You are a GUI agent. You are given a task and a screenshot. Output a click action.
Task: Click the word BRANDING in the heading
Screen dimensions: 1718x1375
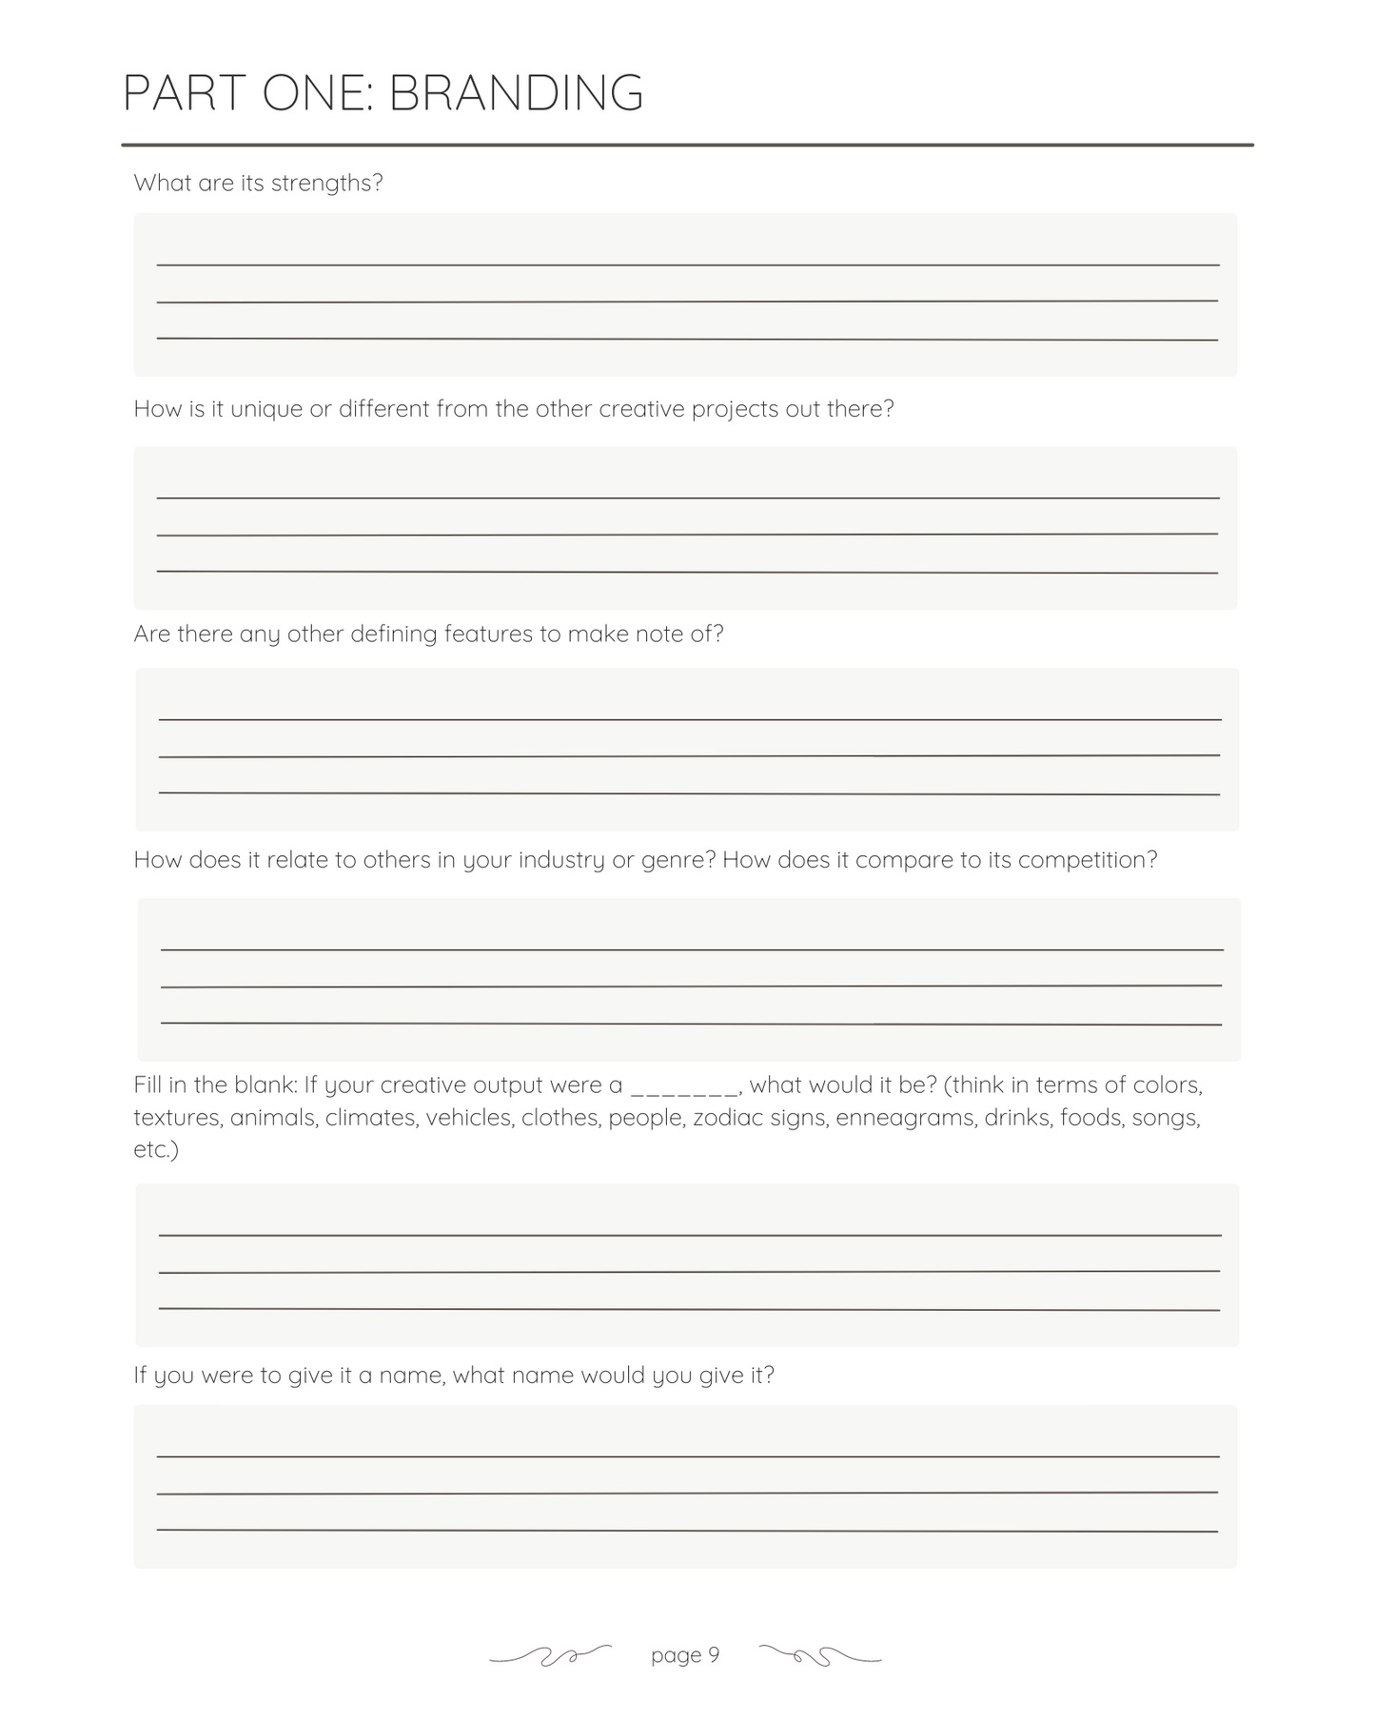[x=516, y=94]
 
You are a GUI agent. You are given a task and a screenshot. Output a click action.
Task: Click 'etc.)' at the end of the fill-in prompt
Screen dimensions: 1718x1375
[x=156, y=1150]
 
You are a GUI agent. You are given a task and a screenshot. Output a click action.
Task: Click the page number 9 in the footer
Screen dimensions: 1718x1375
[x=714, y=1655]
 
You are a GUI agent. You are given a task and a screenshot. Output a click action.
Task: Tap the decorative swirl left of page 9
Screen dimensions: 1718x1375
[x=550, y=1656]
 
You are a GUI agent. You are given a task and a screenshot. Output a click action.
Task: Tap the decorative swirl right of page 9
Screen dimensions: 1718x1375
[x=820, y=1656]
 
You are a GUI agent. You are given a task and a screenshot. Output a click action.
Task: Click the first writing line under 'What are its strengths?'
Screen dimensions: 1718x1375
[x=687, y=264]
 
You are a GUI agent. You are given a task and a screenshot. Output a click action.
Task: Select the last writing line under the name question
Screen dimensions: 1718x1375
[x=687, y=1531]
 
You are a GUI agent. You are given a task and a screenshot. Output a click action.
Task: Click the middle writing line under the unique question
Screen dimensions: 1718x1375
[x=687, y=535]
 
